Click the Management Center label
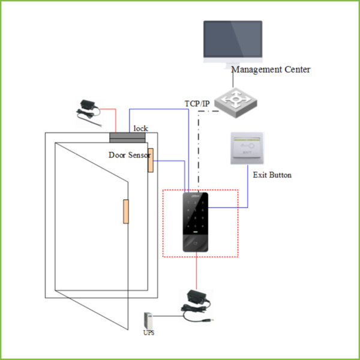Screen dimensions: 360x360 [271, 70]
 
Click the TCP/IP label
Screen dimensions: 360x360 [197, 104]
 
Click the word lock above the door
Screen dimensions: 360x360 [140, 128]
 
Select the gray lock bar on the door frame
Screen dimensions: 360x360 [128, 137]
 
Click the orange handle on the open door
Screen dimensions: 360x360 [126, 211]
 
